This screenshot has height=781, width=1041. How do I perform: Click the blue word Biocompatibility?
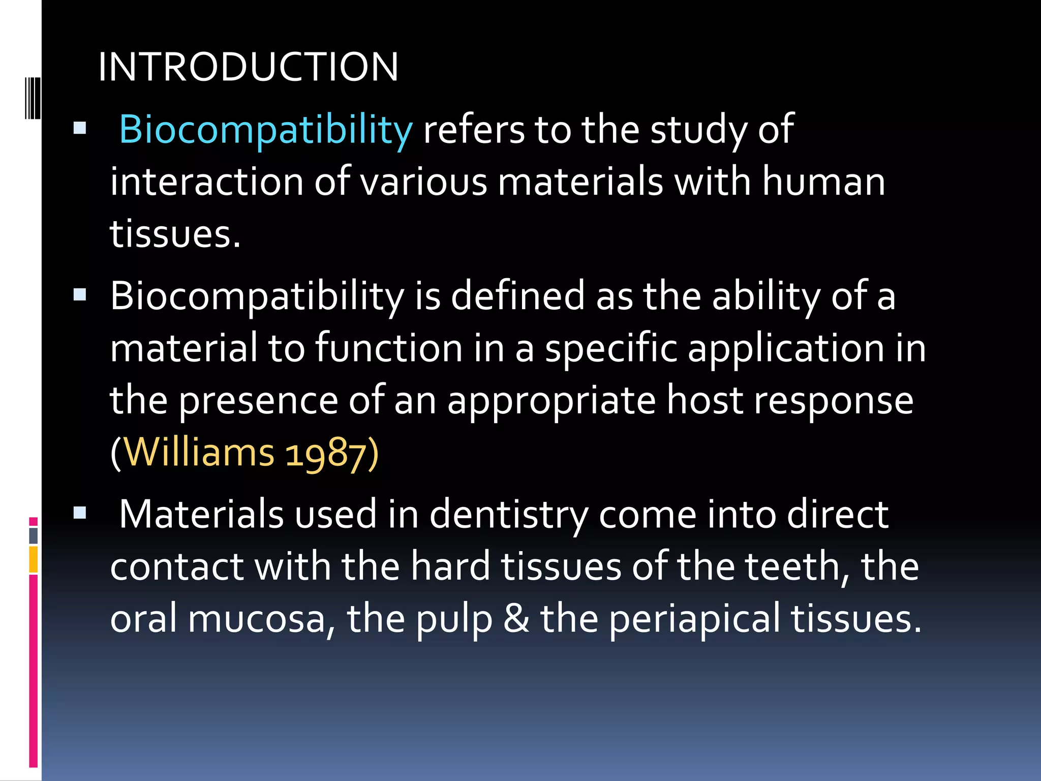coord(265,130)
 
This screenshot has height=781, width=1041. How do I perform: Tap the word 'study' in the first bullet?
coord(698,130)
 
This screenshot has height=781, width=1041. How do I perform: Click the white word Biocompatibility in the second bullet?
coord(257,296)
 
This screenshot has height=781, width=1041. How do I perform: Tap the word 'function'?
coord(389,348)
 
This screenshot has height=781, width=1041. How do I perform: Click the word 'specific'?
coord(611,348)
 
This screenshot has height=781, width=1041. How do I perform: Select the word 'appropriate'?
coord(552,401)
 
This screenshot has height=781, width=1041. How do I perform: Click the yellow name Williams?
coord(199,453)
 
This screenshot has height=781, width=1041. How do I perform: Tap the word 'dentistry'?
coord(509,515)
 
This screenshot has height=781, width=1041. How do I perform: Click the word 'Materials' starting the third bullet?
coord(201,515)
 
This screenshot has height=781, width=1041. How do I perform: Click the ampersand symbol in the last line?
coord(516,619)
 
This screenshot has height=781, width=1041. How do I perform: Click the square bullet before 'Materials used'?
coord(80,513)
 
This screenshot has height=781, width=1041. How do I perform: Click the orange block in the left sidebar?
coord(33,559)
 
